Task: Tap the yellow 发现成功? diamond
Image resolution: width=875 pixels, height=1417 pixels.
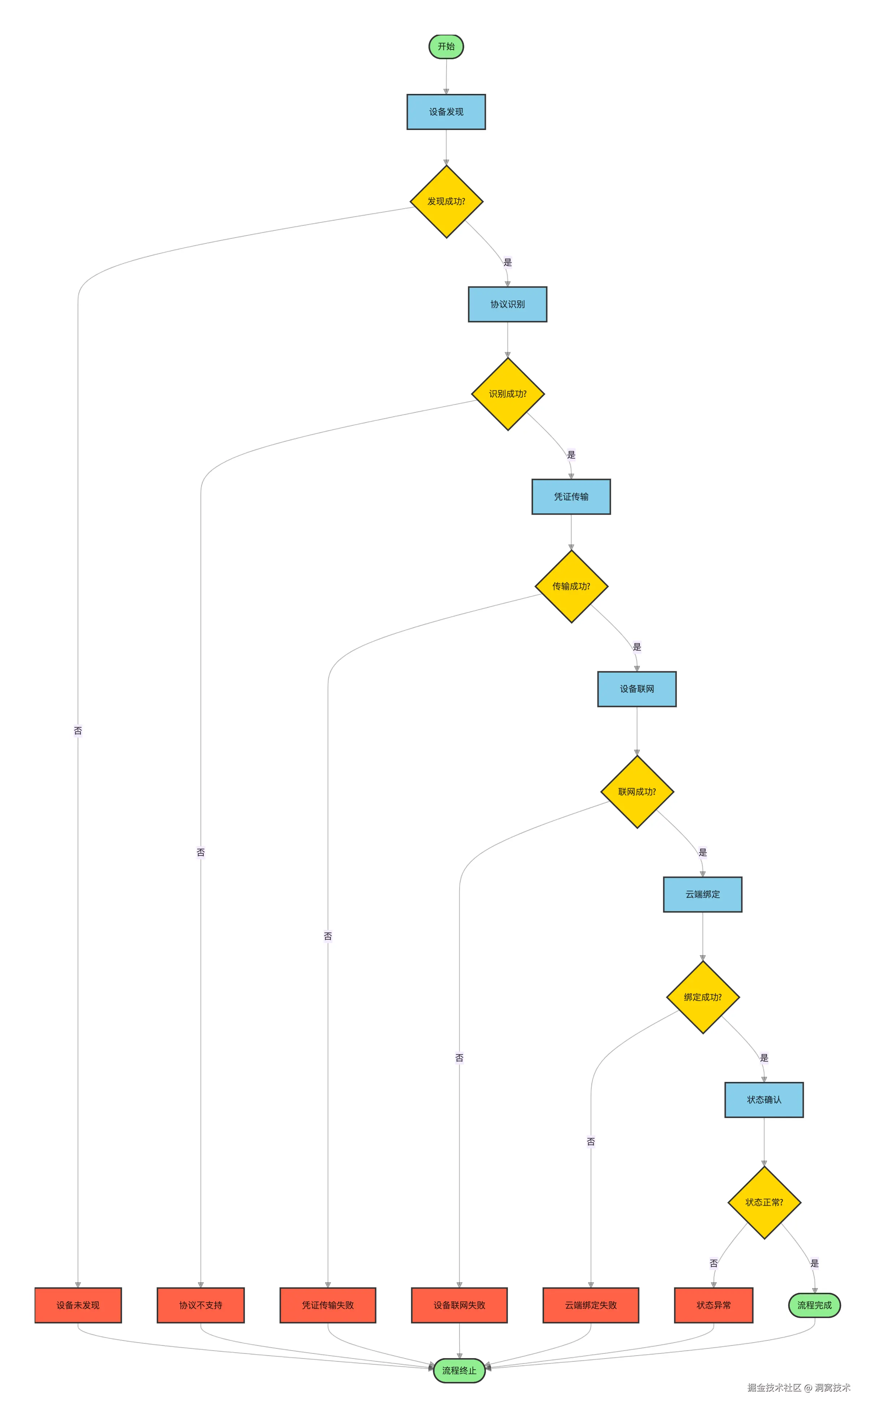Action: [x=446, y=201]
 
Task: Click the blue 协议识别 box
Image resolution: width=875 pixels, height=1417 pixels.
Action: [x=508, y=304]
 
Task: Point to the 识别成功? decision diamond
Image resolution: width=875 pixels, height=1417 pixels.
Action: [x=508, y=394]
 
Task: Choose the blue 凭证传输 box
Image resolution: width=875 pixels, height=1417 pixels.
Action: [x=571, y=496]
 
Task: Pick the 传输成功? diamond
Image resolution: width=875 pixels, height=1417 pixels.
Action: [x=571, y=586]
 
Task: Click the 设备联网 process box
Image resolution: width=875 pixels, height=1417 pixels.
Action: [x=637, y=689]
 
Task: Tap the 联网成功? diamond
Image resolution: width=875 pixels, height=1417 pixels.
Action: [x=637, y=792]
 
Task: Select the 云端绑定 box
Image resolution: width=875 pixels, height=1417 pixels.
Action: [x=703, y=894]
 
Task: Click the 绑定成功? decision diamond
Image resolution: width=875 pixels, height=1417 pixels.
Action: [x=703, y=997]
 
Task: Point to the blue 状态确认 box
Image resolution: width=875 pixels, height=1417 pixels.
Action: [x=764, y=1100]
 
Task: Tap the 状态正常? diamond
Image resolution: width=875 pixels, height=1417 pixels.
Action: [x=764, y=1202]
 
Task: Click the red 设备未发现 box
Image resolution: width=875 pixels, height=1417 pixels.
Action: [x=78, y=1305]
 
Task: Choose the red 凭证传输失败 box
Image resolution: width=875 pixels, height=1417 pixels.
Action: [x=328, y=1305]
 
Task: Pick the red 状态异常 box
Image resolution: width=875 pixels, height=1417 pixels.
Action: [x=714, y=1305]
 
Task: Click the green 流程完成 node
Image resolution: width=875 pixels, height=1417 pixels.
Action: [x=814, y=1305]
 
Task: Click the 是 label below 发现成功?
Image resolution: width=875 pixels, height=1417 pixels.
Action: [x=508, y=262]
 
